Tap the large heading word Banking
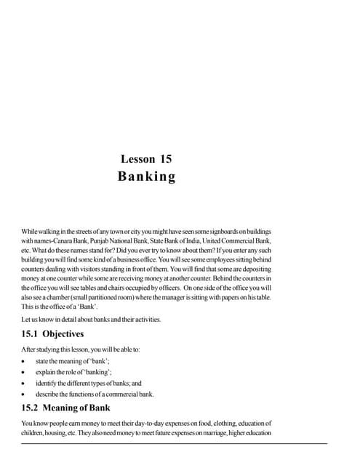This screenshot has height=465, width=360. coord(146,177)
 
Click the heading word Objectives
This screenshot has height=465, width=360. coord(63,334)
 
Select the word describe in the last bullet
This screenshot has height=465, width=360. coord(47,394)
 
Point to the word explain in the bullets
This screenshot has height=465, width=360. coord(46,371)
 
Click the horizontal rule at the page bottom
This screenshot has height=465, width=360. coord(175,443)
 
